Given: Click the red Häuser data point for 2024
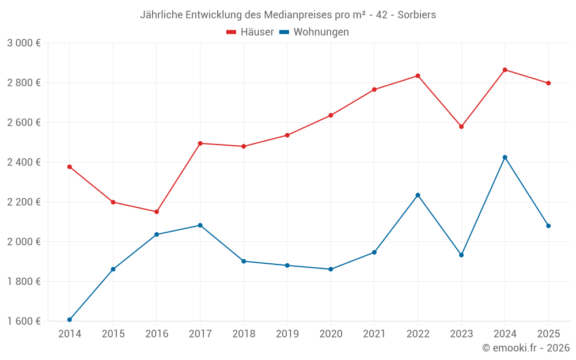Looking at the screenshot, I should click(x=505, y=70).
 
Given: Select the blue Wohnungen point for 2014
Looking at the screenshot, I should click(x=70, y=320).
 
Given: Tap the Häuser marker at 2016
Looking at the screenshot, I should click(x=157, y=211).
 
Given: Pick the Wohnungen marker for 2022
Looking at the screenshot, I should click(x=418, y=195).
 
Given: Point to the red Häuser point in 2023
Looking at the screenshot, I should click(x=461, y=127).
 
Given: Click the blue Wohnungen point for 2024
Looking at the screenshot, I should click(x=505, y=157).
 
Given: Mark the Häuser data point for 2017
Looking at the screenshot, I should click(x=200, y=143).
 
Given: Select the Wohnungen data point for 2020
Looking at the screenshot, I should click(x=331, y=269).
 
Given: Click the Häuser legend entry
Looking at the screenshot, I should click(x=250, y=32).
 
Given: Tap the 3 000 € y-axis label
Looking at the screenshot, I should click(x=24, y=43).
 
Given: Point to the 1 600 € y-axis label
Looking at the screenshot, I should click(x=24, y=321).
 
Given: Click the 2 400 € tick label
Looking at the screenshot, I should click(x=24, y=162).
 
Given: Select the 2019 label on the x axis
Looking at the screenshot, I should click(x=287, y=334).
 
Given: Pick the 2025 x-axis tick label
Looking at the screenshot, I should click(x=548, y=334).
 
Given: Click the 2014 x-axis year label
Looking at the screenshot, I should click(x=70, y=334).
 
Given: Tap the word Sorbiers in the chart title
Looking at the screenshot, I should click(x=416, y=14).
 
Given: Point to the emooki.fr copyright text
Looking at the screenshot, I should click(x=526, y=348).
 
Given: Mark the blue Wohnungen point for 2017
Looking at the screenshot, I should click(x=200, y=225).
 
